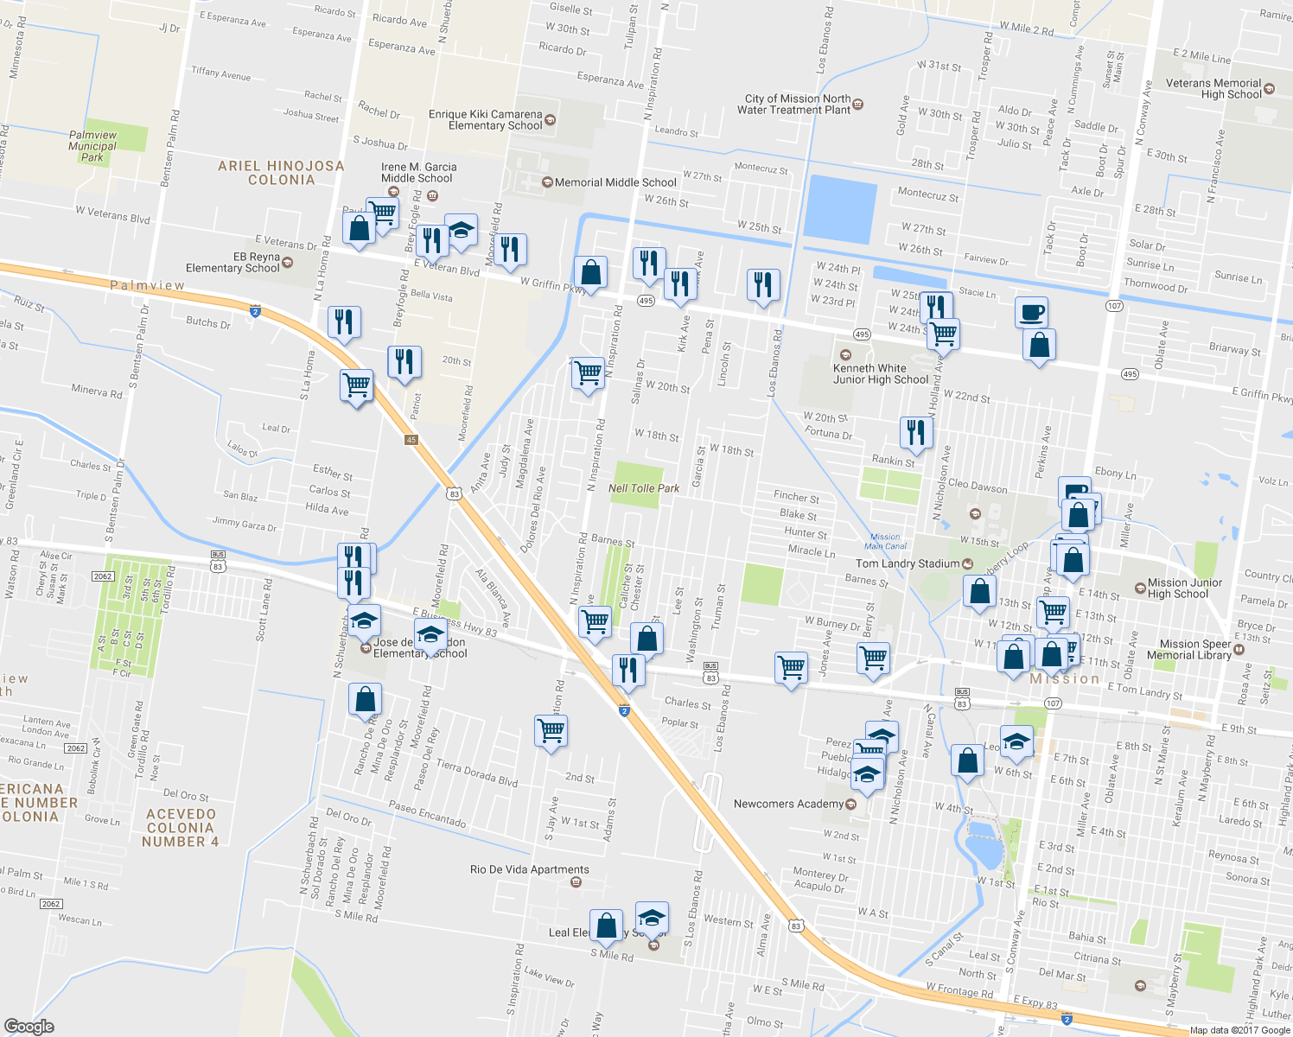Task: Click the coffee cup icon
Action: point(1031,312)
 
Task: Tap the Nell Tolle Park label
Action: point(644,488)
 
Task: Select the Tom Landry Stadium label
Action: point(908,563)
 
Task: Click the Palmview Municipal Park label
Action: point(92,146)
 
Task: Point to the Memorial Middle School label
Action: point(615,182)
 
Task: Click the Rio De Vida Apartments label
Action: point(530,869)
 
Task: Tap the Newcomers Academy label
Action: point(788,804)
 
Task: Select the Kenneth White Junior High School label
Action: point(881,373)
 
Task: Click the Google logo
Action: point(29,1026)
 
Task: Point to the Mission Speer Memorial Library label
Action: point(1195,650)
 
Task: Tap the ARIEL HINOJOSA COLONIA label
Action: point(281,173)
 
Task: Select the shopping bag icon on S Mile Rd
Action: point(607,926)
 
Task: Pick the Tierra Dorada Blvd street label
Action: point(477,773)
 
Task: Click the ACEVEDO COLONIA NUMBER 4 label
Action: point(181,828)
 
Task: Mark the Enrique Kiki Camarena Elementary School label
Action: point(485,120)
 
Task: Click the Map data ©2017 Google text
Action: point(1239,1030)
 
